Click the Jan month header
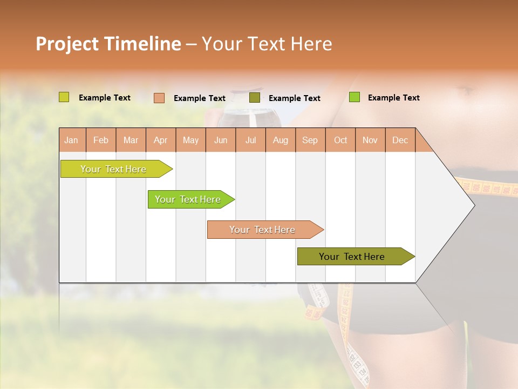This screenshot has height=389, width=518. click(x=72, y=140)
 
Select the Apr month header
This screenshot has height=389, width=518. click(x=161, y=140)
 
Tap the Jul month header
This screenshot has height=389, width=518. click(x=251, y=140)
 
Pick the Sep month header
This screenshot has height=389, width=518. click(x=310, y=140)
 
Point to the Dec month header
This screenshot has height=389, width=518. click(x=400, y=140)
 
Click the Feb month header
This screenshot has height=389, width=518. click(x=101, y=140)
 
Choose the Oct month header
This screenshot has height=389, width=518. click(x=340, y=140)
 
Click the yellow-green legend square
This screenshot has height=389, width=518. click(x=64, y=97)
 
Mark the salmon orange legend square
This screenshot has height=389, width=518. click(x=159, y=98)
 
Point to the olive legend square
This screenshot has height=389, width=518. click(x=255, y=98)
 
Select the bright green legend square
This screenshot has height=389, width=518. click(x=355, y=97)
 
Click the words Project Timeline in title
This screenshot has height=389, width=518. click(x=108, y=44)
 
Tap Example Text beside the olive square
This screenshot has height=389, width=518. click(x=295, y=98)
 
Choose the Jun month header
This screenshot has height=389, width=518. click(x=221, y=140)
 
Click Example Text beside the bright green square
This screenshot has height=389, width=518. click(x=394, y=98)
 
